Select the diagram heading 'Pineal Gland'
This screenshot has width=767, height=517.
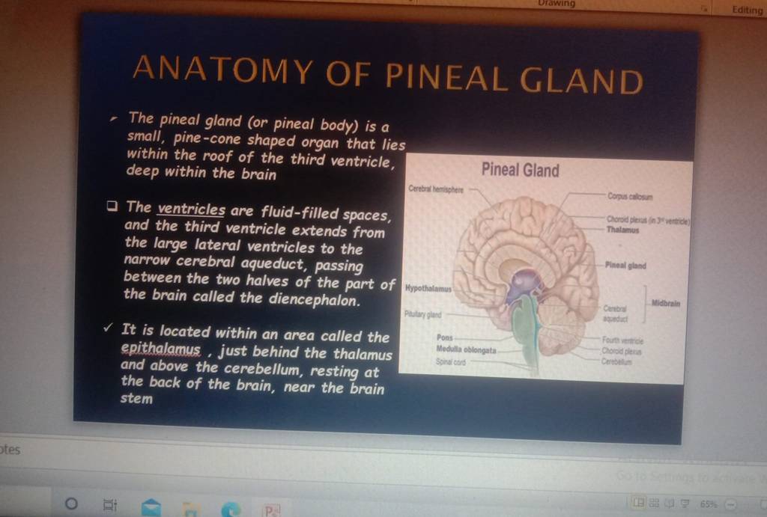point(520,170)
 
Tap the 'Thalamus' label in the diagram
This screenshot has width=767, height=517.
point(623,231)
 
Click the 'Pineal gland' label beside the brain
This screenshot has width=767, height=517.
point(625,266)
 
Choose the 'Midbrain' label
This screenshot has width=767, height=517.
point(666,303)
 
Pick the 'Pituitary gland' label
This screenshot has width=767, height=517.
point(423,316)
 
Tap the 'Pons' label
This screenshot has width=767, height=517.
point(445,338)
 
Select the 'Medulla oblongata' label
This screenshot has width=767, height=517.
point(466,349)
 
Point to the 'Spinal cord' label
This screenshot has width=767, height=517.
point(451,361)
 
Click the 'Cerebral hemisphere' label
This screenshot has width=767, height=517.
point(436,190)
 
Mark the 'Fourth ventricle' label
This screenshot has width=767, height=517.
point(621,340)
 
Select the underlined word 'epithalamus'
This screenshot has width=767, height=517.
point(160,350)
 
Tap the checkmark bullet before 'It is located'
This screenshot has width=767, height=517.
point(109,328)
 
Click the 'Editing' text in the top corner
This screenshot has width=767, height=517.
point(748,10)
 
